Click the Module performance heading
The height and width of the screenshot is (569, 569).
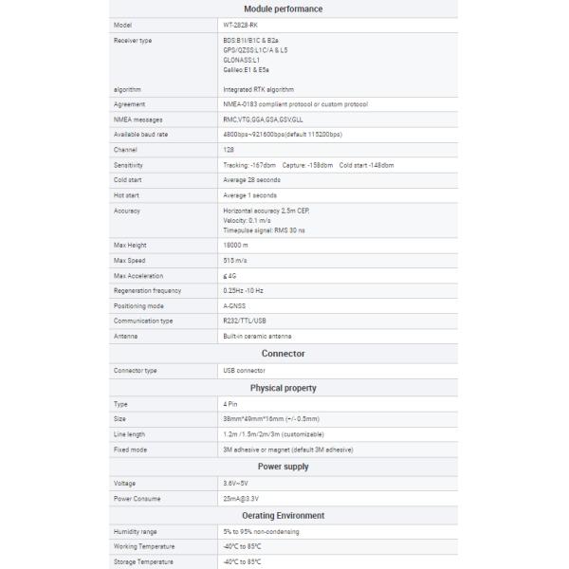[x=283, y=9]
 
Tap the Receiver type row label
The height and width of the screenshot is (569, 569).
[x=133, y=41]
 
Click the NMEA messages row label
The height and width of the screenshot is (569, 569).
[x=138, y=119]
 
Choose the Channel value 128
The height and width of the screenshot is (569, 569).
[x=229, y=150]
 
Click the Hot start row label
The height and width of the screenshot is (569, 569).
[x=127, y=194]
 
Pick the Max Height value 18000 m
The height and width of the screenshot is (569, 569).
[x=236, y=245]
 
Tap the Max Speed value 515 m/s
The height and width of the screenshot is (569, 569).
[x=235, y=260]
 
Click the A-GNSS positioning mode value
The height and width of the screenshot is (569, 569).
[x=234, y=305]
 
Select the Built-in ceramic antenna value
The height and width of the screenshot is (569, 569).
[x=257, y=336]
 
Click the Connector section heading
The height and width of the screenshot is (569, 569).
[x=283, y=353]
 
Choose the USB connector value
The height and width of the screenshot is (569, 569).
[x=244, y=370]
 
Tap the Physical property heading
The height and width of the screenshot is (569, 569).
[x=283, y=388]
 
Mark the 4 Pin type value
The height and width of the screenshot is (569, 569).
[x=230, y=404]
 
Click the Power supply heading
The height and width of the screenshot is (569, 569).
[x=283, y=467]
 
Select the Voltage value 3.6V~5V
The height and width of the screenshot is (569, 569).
[x=238, y=483]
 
